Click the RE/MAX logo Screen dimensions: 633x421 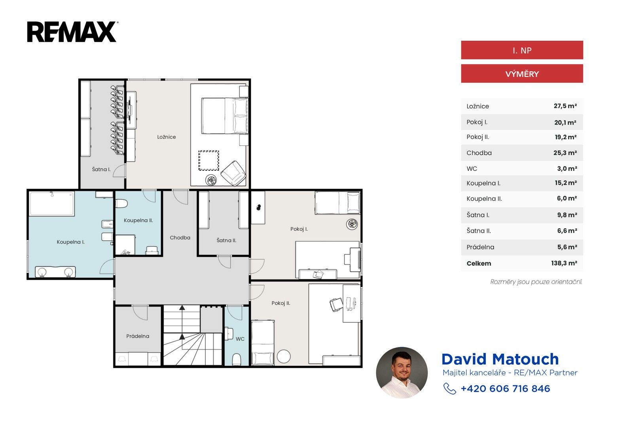(x=72, y=32)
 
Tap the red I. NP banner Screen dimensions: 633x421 (x=522, y=50)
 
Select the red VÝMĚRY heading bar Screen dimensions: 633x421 (x=522, y=74)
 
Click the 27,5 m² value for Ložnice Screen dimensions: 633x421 (x=565, y=106)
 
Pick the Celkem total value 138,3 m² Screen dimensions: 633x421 (x=564, y=263)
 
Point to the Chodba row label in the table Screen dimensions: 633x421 (x=479, y=153)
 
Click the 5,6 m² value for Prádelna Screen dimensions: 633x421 (x=567, y=247)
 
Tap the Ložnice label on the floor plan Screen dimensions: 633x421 (x=167, y=137)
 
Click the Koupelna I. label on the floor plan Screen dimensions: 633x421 (x=71, y=242)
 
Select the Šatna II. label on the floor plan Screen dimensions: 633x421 (x=226, y=240)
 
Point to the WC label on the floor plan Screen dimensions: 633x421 (x=240, y=339)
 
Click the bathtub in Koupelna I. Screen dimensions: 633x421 (x=52, y=204)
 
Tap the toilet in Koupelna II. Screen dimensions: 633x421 (x=121, y=203)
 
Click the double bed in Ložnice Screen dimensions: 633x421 (x=225, y=116)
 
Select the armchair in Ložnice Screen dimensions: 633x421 (x=233, y=173)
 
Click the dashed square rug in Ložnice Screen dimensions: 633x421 (x=208, y=161)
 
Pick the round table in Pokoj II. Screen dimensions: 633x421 (x=284, y=357)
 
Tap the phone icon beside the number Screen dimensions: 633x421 (x=449, y=389)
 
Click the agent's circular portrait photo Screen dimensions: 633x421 (x=402, y=373)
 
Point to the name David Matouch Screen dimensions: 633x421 (x=500, y=359)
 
